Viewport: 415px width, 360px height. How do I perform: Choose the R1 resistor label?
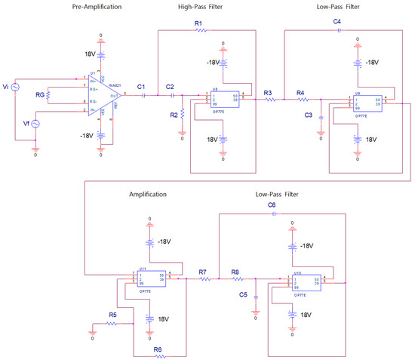click(x=198, y=24)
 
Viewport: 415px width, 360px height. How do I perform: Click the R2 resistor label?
click(x=173, y=115)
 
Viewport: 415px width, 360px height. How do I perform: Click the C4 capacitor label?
click(x=337, y=23)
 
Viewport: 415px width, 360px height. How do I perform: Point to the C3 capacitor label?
click(x=309, y=115)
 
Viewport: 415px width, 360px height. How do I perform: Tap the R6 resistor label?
click(x=157, y=348)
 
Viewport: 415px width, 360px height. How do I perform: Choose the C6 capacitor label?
click(x=273, y=205)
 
